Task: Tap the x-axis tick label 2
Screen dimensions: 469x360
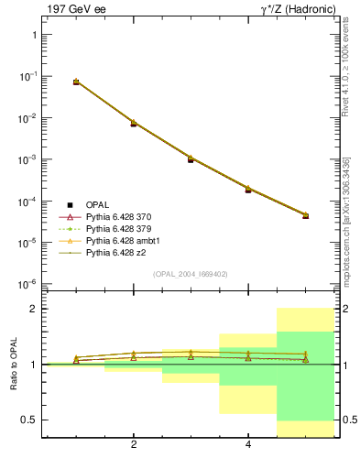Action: click(x=134, y=445)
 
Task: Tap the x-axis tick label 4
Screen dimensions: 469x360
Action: click(x=248, y=445)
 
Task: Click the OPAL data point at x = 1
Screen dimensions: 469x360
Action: click(x=76, y=82)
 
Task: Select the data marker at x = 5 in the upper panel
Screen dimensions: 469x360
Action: click(x=305, y=216)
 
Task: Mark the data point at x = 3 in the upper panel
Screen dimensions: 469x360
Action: click(x=191, y=159)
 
